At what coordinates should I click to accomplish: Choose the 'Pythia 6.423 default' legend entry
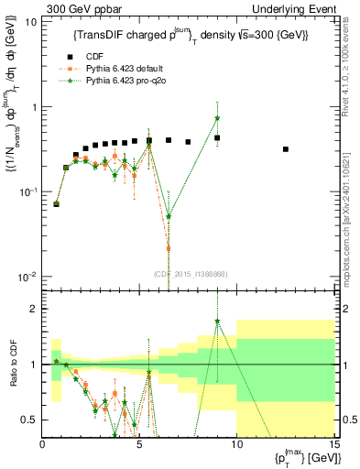[134, 68]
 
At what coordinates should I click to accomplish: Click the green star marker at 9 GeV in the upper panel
[217, 118]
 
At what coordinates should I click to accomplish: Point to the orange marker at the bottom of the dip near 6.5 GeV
[169, 248]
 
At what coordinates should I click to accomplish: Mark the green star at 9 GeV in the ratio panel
[217, 322]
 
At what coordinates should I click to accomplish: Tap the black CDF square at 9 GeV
[217, 137]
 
